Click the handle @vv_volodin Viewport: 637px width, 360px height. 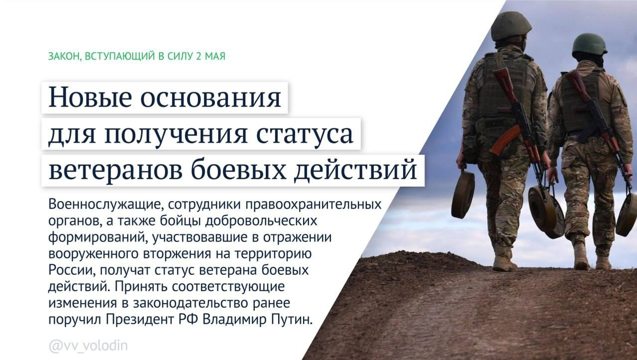pos(88,346)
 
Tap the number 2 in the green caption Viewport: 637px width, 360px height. pos(199,56)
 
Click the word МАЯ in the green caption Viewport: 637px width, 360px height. pos(215,56)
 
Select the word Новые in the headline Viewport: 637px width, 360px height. pos(89,98)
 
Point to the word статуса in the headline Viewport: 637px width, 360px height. pos(306,134)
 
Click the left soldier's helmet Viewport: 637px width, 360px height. pos(511,26)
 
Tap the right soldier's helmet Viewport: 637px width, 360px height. pos(589,44)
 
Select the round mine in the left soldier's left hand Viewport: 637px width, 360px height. pos(462,194)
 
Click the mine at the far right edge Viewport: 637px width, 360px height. pos(627,214)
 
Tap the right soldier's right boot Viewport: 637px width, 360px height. pos(603,262)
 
